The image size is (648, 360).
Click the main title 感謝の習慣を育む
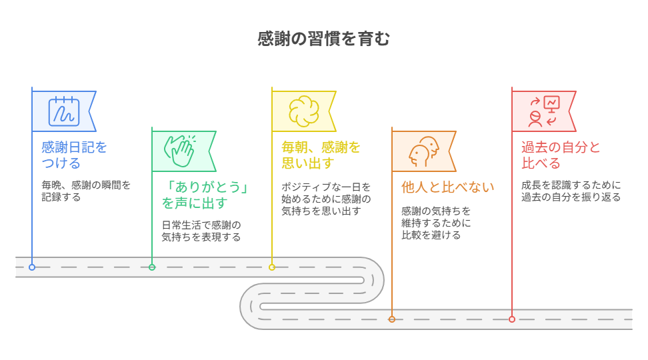point(323,39)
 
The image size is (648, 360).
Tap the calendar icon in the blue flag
point(63,111)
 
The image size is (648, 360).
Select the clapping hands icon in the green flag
point(180,151)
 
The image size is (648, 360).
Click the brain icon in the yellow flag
point(304,111)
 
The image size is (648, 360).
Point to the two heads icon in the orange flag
point(423,152)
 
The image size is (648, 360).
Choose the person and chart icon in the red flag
point(544,111)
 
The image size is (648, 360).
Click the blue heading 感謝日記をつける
point(75,155)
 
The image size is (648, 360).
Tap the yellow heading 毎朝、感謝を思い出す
point(321,155)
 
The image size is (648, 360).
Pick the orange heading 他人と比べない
point(447,187)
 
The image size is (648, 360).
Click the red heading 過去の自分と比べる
point(561,155)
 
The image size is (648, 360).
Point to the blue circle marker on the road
point(32,267)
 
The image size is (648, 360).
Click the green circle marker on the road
point(152,267)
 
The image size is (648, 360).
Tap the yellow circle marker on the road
point(272,267)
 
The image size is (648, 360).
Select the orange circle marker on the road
point(392,319)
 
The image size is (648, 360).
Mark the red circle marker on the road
point(512,319)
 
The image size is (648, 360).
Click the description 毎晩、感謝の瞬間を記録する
point(86,191)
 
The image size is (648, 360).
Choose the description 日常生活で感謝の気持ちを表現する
point(201,231)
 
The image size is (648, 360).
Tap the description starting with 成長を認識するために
point(571,191)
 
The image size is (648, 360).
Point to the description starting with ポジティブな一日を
point(326,199)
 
